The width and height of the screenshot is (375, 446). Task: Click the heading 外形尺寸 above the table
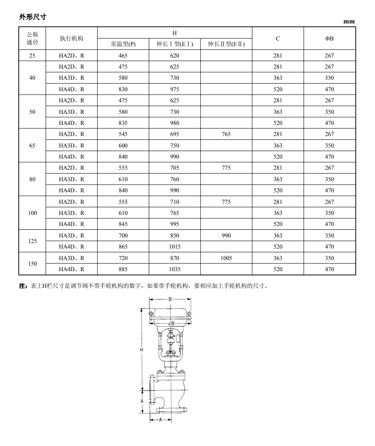[32, 17]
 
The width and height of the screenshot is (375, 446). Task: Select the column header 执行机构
[72, 38]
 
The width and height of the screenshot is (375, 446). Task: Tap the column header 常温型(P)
[123, 44]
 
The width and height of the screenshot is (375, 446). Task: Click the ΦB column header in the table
[329, 38]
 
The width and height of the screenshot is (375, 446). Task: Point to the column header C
[278, 38]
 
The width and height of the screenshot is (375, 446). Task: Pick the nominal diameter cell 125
[32, 241]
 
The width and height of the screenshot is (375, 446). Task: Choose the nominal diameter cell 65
[32, 145]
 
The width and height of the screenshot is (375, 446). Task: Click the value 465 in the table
[123, 55]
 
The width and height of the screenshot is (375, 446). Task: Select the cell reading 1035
[174, 269]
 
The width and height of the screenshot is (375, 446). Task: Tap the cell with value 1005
[226, 258]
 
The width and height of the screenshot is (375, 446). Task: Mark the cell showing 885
[123, 269]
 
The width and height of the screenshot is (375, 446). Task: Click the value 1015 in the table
[174, 246]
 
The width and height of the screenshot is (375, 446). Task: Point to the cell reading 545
[123, 134]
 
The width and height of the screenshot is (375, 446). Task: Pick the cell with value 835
[123, 123]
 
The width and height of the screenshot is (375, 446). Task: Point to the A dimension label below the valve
[160, 420]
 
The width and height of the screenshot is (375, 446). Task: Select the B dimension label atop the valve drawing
[170, 299]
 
